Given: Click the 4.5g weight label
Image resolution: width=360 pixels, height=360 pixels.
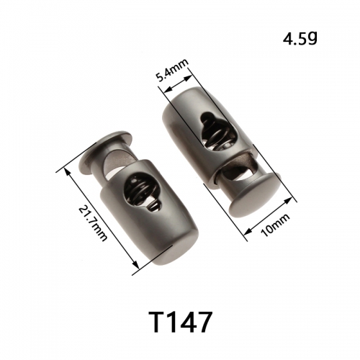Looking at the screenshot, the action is [300, 40].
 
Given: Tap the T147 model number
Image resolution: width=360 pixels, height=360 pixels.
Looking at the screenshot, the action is [181, 322].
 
